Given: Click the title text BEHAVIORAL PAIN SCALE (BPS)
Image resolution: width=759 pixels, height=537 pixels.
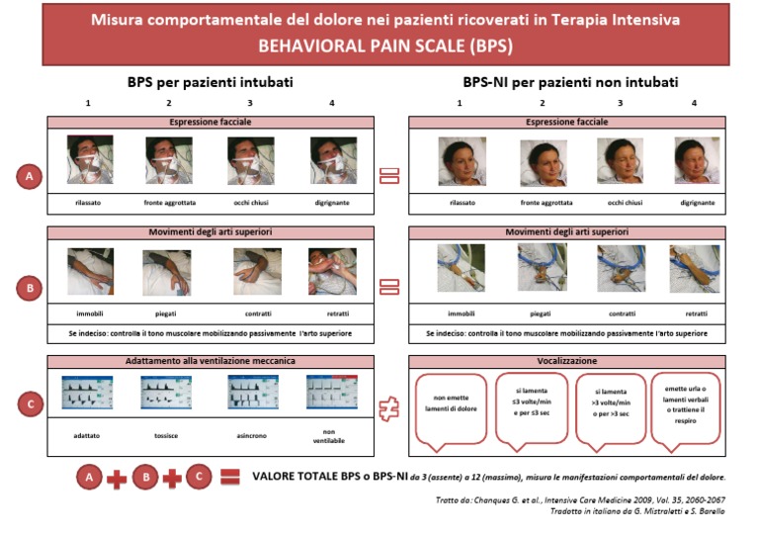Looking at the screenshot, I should click(x=385, y=45).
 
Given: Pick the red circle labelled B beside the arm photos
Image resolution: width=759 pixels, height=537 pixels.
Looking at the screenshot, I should click(x=29, y=289).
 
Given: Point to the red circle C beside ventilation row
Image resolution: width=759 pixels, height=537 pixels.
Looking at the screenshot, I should click(x=29, y=403).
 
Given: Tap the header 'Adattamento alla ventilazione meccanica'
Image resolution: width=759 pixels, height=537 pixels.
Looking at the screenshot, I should click(x=211, y=362).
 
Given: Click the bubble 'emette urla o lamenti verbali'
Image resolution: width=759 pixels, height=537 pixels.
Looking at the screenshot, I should click(x=689, y=404).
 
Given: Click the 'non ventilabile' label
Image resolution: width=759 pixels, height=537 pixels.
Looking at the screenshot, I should click(x=330, y=434).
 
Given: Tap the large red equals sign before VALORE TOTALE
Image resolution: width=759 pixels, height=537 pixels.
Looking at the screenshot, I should click(x=229, y=479).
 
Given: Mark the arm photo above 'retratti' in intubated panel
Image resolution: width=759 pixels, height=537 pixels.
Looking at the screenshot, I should click(x=332, y=272).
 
